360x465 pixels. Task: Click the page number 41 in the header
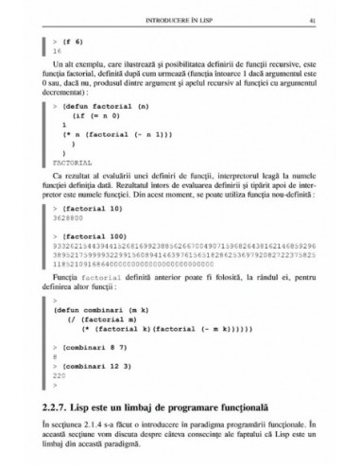[325, 20]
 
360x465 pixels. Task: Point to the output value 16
[58, 54]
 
